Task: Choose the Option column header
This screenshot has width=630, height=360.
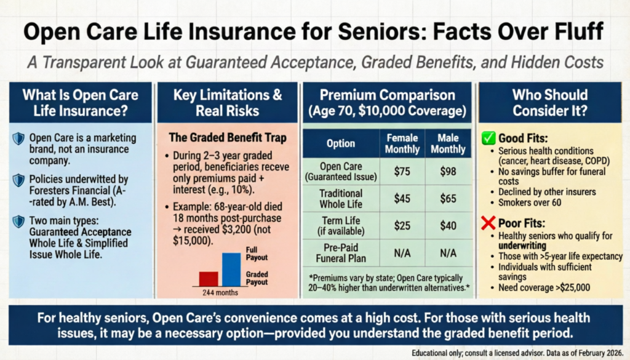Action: coord(340,143)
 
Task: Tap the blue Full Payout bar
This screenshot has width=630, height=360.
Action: coord(231,270)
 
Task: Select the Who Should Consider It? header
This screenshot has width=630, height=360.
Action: coord(549,103)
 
